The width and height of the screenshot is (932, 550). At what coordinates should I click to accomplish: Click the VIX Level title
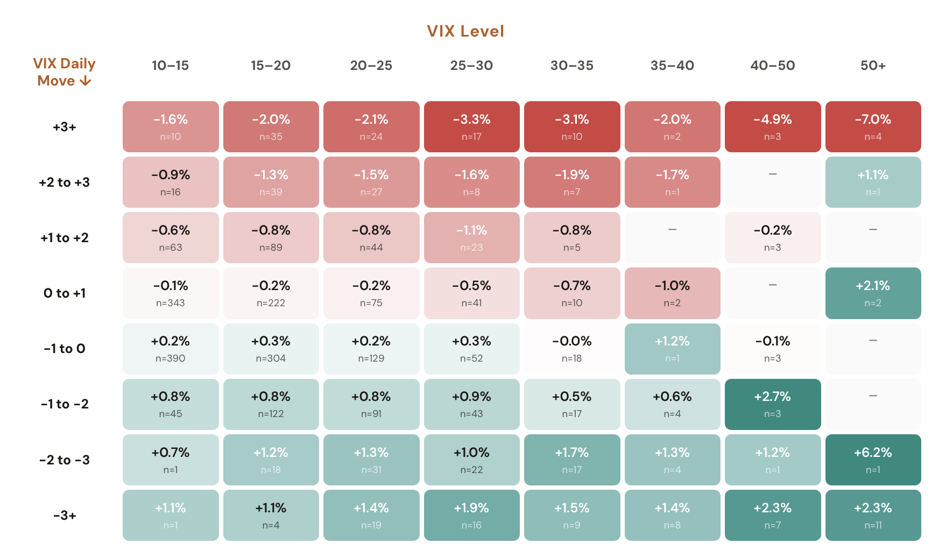(465, 31)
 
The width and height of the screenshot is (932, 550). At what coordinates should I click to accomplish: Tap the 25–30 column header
(471, 66)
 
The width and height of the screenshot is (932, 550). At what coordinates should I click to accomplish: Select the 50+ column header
(873, 66)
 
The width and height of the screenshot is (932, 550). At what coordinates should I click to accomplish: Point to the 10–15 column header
(170, 66)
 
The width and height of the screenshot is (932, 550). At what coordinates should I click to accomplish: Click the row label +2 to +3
(64, 182)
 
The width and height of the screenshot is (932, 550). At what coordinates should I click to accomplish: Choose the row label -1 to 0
(64, 349)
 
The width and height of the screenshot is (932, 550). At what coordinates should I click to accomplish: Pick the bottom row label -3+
(64, 516)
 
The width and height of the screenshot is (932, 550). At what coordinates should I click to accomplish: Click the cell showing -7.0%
(873, 126)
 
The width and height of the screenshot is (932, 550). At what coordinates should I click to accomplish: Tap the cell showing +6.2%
(873, 460)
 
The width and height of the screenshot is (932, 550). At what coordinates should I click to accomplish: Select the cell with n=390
(171, 349)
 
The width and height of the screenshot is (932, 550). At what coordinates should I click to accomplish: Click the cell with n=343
(171, 293)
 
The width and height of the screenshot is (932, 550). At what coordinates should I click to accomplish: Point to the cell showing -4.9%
(772, 126)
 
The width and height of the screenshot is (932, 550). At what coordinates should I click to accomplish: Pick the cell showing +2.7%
(772, 404)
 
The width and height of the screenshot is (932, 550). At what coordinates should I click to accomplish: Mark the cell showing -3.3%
(471, 126)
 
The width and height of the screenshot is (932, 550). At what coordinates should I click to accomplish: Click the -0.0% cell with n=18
(571, 349)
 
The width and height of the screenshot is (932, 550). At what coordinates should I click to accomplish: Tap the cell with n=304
(271, 349)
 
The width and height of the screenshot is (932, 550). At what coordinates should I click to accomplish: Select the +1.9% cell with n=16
(471, 515)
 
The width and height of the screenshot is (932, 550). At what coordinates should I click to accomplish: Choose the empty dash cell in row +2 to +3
(772, 182)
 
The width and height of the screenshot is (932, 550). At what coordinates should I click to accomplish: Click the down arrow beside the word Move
(85, 81)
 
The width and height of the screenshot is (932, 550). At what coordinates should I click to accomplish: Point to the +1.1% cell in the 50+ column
(873, 182)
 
